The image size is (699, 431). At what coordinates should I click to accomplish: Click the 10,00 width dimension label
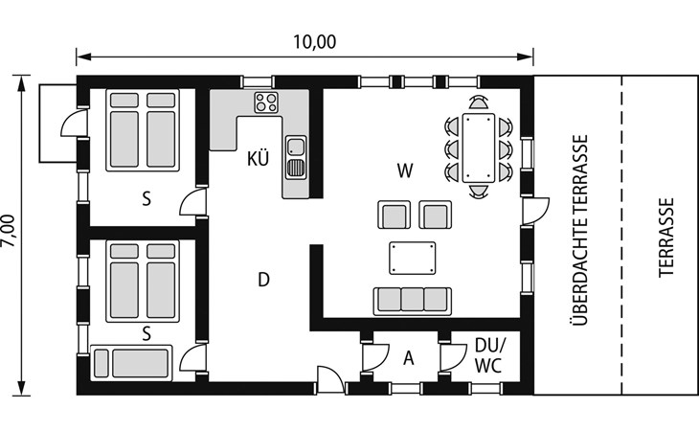click(314, 42)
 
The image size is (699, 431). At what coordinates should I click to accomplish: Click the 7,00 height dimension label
click(9, 231)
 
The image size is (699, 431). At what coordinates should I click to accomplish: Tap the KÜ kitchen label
click(259, 158)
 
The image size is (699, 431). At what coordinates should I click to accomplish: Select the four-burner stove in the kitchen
click(266, 102)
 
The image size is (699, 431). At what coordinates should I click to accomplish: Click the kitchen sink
click(296, 157)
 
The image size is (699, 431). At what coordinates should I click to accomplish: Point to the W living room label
click(405, 170)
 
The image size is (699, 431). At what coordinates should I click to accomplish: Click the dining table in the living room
click(479, 147)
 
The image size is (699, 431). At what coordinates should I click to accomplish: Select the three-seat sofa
click(412, 301)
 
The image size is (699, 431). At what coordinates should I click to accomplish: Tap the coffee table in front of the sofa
click(412, 258)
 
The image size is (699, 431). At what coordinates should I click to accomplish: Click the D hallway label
click(264, 280)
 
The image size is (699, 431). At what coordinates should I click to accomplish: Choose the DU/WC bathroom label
click(489, 354)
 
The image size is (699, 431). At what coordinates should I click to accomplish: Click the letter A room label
click(408, 358)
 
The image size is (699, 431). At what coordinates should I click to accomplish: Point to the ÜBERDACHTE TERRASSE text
click(579, 231)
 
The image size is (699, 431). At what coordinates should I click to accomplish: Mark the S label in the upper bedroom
click(147, 199)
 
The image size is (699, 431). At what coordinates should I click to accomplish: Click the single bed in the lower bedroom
click(131, 362)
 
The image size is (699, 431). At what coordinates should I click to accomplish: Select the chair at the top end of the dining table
click(479, 102)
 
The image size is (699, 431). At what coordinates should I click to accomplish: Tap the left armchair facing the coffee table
click(395, 215)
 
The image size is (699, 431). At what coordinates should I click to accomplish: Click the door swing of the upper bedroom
click(193, 202)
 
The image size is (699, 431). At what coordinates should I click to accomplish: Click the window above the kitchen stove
click(258, 82)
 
